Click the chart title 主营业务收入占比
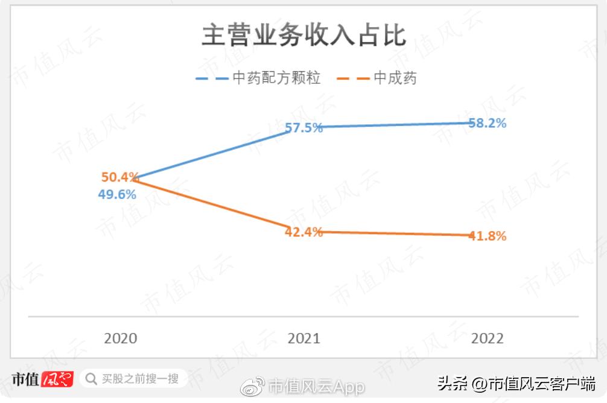303,36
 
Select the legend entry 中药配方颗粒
276,78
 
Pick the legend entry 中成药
395,78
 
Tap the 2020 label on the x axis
121,338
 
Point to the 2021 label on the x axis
304,338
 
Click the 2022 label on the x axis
487,338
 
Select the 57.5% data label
304,128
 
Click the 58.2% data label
488,123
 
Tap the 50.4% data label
119,177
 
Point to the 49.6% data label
117,195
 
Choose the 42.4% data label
304,232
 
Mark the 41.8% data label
488,236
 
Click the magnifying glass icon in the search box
91,379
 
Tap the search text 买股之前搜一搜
140,379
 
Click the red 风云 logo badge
57,379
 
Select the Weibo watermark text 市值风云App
317,386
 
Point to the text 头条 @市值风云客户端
516,384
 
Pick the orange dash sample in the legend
354,78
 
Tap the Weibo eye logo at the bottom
253,386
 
